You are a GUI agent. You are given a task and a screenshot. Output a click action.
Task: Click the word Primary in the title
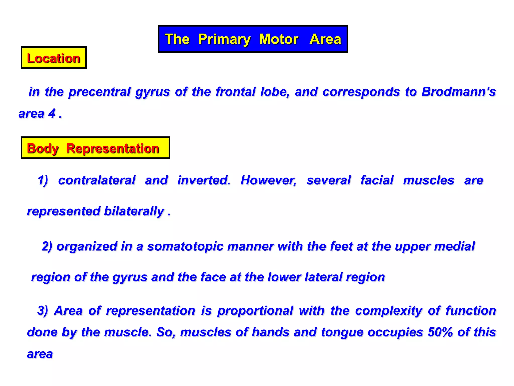tap(224, 39)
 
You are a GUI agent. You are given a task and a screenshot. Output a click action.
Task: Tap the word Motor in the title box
tap(279, 39)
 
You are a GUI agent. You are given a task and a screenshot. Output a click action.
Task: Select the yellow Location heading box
tap(53, 58)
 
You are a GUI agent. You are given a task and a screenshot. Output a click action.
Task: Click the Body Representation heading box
tap(95, 148)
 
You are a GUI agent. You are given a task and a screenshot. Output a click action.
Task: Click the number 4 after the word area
tap(52, 113)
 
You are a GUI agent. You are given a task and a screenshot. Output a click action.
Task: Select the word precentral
tap(99, 92)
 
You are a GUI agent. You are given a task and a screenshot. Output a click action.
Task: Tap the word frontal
tap(236, 92)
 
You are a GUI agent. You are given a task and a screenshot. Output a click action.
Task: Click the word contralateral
tap(97, 180)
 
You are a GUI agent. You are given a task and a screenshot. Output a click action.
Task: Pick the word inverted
tap(204, 180)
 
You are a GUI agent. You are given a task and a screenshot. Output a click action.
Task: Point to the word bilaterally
tap(134, 211)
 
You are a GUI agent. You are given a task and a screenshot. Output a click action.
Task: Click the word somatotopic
tap(185, 246)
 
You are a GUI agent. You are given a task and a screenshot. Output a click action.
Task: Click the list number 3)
tap(43, 311)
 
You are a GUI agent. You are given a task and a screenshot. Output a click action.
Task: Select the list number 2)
tap(47, 246)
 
